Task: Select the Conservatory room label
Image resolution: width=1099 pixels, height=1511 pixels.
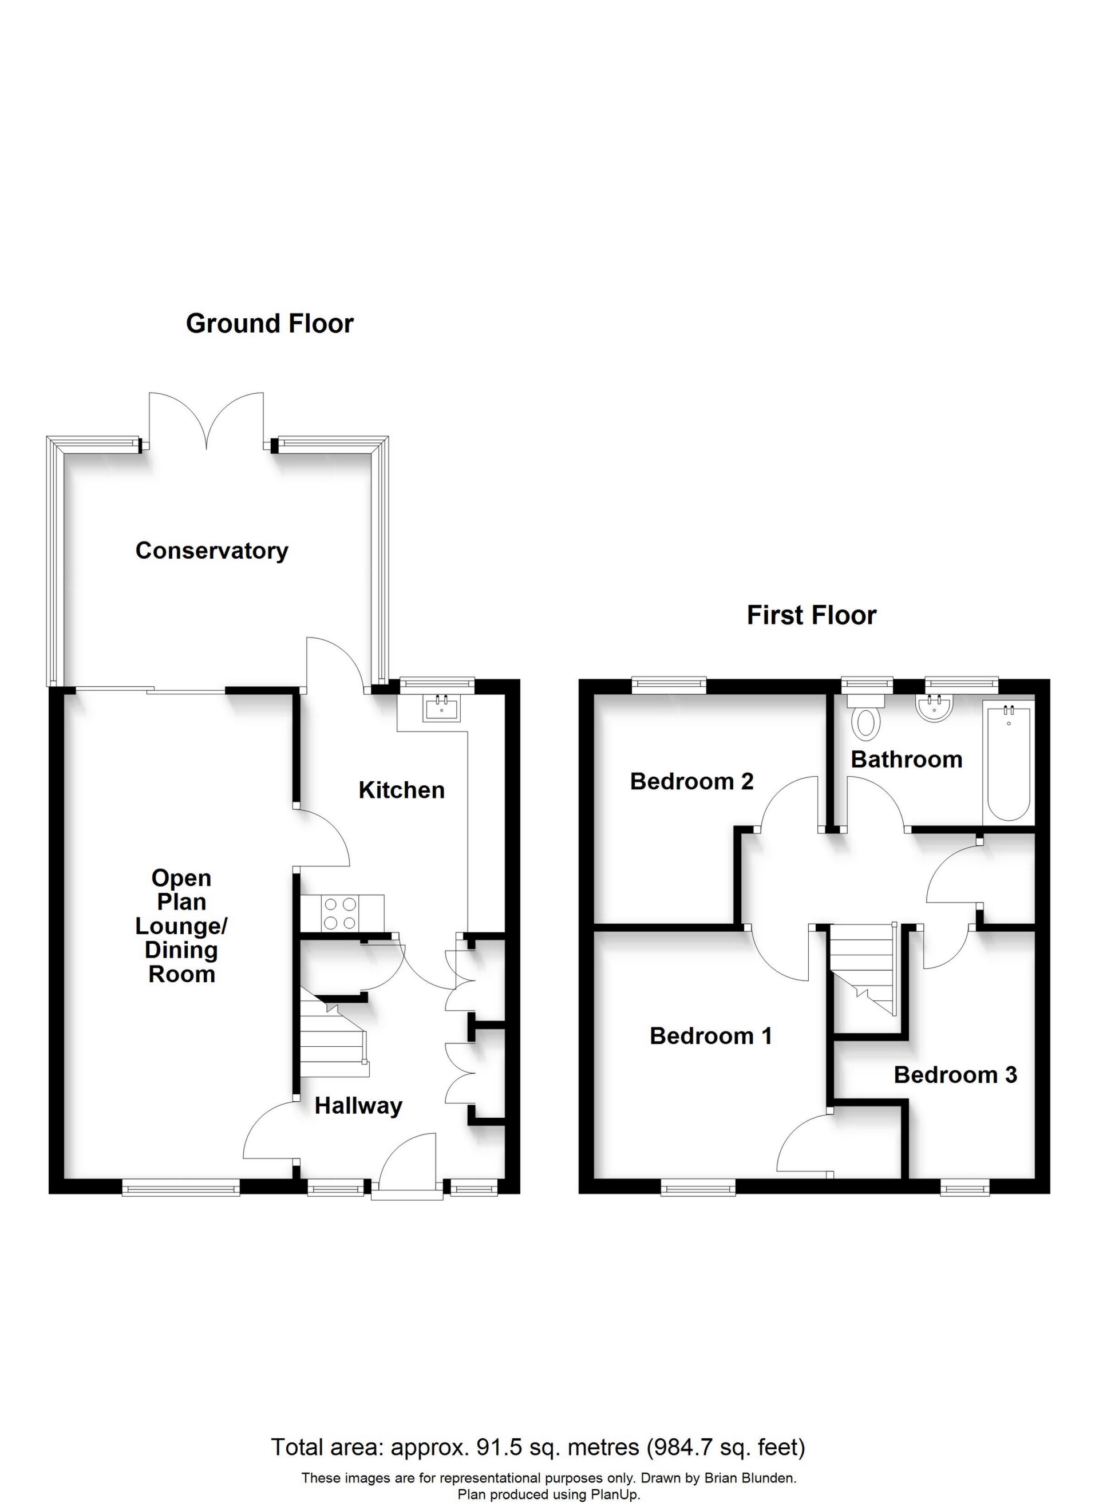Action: click(x=211, y=551)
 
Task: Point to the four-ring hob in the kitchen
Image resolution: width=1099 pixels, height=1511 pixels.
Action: click(x=341, y=913)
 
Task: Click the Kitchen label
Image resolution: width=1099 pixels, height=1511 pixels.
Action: click(x=401, y=790)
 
